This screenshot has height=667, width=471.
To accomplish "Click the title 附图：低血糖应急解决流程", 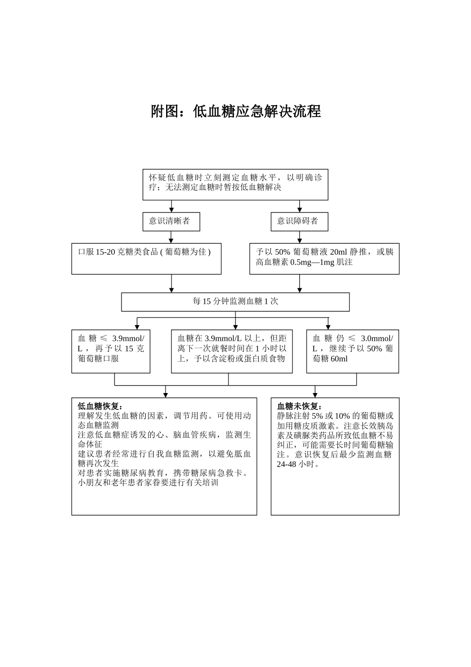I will point(235,111).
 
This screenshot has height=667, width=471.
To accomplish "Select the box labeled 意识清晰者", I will point(171,221).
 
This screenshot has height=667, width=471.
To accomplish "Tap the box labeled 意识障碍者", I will point(299,221).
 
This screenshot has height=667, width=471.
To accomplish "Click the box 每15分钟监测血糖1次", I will point(235,302).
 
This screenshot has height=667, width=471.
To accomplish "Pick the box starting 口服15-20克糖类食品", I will point(146,258).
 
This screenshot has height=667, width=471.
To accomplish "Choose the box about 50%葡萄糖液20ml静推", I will point(324,258).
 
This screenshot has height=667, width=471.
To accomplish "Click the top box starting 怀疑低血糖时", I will point(235,184).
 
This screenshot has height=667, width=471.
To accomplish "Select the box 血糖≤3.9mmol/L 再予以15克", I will point(111,351).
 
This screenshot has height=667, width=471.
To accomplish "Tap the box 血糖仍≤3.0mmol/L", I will point(353,351).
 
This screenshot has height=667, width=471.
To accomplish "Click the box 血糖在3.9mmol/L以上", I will point(232,351).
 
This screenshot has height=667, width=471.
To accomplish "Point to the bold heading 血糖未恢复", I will point(299,406).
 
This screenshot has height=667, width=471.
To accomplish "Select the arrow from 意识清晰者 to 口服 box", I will point(172,237).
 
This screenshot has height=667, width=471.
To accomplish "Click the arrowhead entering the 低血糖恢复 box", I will point(166,395).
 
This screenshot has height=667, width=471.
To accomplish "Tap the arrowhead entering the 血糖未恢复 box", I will point(315,395).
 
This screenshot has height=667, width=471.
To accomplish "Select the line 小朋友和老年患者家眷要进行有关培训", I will point(148,482).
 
